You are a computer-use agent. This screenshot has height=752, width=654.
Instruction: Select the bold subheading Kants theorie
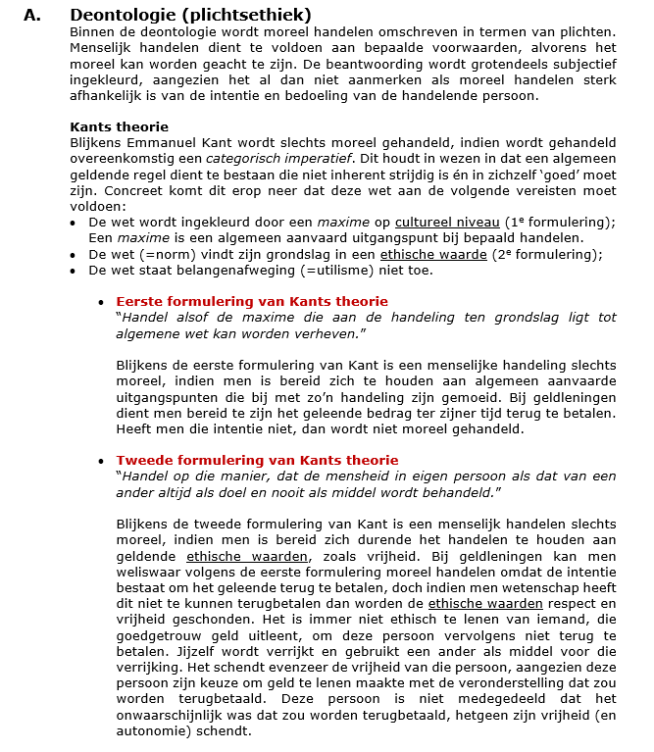coord(119,126)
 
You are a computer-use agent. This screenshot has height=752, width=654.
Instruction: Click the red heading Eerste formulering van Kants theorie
coord(252,301)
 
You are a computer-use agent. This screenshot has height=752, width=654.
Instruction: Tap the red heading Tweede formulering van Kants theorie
coord(257,460)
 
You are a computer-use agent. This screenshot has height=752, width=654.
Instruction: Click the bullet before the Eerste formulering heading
coord(101,302)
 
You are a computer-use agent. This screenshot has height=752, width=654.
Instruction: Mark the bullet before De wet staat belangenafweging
coord(76,271)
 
